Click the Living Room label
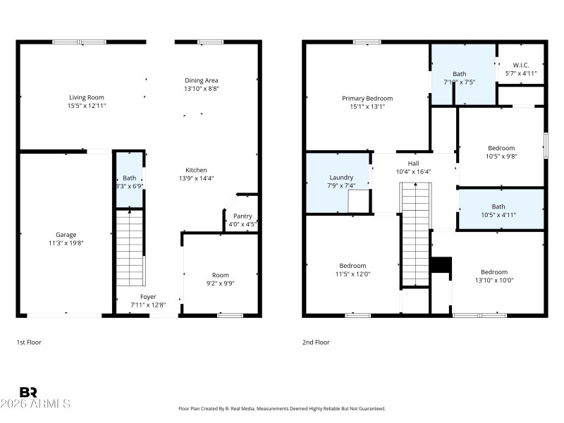point(87,97)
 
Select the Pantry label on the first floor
point(243,216)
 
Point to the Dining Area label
point(201,80)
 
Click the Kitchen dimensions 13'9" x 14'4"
point(196,178)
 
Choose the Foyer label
point(148,297)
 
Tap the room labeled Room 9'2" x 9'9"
point(221,279)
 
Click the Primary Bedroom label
point(367,98)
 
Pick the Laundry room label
point(341,178)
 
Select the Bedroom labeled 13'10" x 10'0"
point(493,276)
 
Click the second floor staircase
point(415,233)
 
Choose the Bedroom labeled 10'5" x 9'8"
point(502,152)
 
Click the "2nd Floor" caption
point(315,342)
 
